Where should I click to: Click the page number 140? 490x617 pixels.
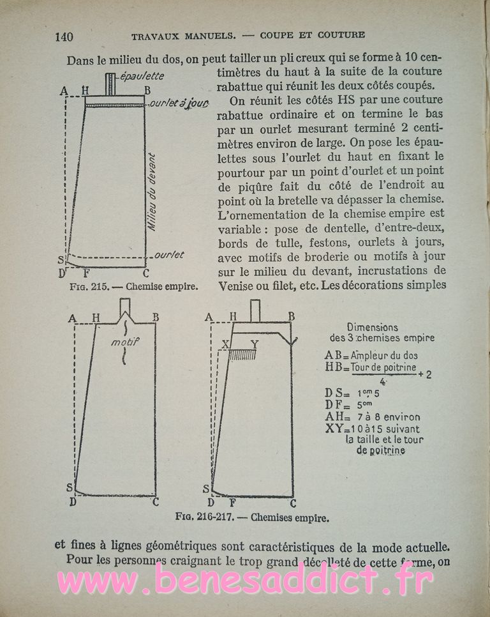64,36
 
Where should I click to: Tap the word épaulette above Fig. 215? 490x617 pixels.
142,76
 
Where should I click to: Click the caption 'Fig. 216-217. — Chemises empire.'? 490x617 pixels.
252,518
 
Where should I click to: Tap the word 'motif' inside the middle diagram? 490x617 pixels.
124,342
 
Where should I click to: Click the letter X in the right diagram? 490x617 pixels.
225,344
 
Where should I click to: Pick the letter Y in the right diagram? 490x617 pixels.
255,344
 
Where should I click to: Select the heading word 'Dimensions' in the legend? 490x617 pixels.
373,326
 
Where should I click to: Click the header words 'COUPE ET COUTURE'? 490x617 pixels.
313,35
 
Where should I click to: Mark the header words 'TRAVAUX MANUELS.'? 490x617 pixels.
175,35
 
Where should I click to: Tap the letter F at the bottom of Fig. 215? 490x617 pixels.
86,273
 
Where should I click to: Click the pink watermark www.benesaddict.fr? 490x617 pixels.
246,582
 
